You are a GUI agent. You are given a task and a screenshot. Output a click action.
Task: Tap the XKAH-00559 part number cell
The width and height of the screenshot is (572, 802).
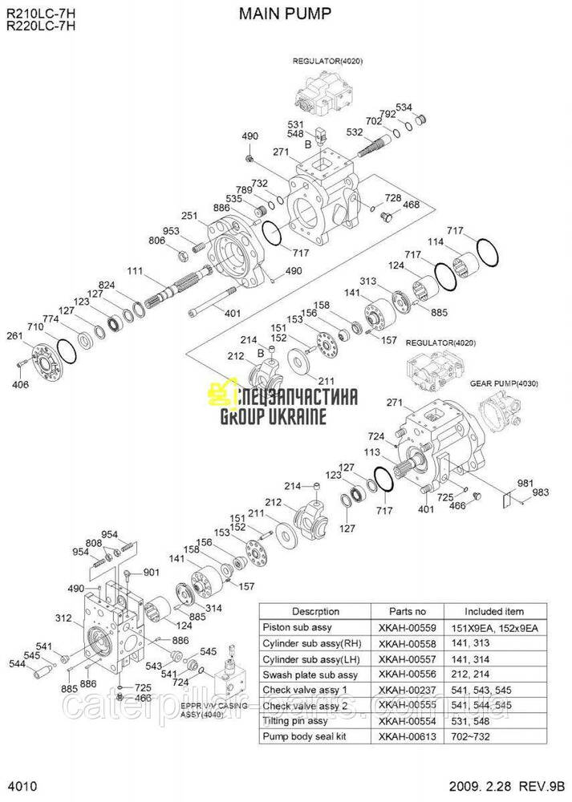[x=407, y=626]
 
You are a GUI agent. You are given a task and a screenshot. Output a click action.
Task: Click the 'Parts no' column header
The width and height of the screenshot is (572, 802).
[x=407, y=611]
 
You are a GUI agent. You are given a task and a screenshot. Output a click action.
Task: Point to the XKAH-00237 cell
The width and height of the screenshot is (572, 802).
[x=407, y=689]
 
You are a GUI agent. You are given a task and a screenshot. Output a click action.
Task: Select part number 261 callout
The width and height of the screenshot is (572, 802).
[x=14, y=335]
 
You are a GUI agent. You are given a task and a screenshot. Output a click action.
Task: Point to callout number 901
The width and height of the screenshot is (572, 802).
[x=152, y=572]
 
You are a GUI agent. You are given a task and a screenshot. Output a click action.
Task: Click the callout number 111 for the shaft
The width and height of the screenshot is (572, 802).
[x=134, y=269]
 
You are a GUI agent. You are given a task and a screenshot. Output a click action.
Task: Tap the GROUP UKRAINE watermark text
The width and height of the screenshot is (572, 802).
[x=273, y=416]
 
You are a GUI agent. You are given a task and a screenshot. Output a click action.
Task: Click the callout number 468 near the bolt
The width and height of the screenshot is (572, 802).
[x=411, y=205]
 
